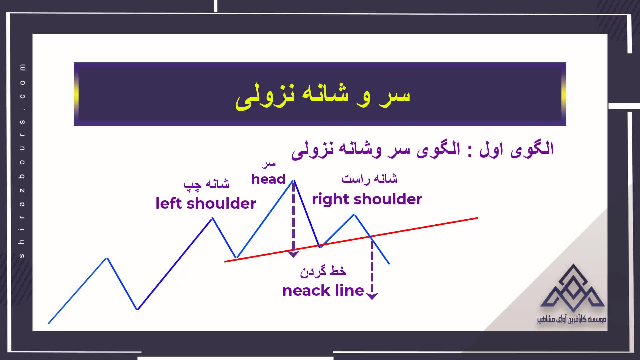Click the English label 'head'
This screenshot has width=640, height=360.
pos(268,179)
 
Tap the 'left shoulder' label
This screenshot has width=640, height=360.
pos(206,203)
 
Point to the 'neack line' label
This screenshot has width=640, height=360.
pos(323,291)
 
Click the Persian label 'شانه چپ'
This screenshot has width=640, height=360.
pos(206,184)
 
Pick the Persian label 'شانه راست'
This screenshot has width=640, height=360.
pos(369,179)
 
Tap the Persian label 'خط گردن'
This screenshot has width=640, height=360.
pos(323,271)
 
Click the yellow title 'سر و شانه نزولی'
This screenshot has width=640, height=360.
pos(323,96)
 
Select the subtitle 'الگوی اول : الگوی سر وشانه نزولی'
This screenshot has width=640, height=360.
pos(423,150)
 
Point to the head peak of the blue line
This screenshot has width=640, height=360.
pos(294,181)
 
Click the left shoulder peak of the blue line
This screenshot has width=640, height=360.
pos(212,218)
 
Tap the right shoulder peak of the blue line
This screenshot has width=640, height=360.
pos(355,215)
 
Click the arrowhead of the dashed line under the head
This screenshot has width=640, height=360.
pos(293,255)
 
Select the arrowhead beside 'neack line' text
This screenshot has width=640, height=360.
pos(372,296)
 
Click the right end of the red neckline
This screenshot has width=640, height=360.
pos(478,218)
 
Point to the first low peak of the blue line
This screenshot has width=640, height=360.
pos(107,258)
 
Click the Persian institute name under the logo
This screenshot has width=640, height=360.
pos(572,319)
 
